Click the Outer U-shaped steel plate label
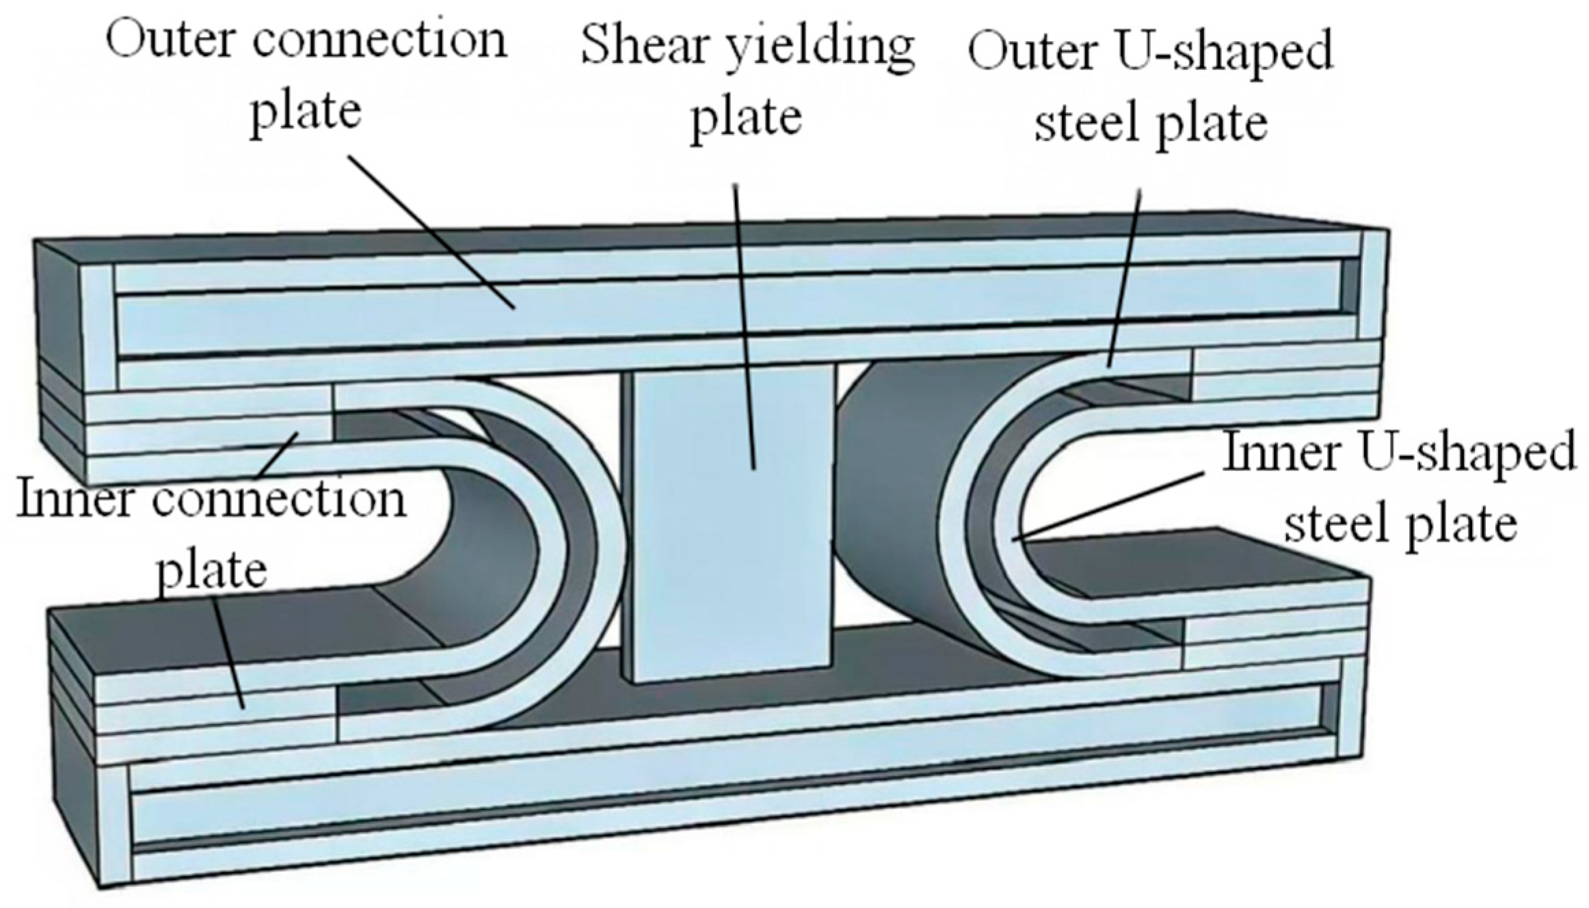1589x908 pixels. (1151, 86)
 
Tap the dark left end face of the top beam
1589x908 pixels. (60, 362)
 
